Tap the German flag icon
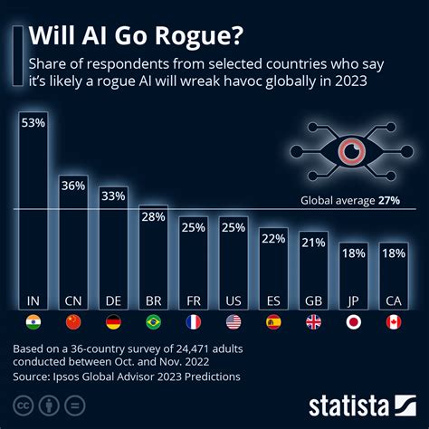[x=113, y=321]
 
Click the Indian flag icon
[x=33, y=321]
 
